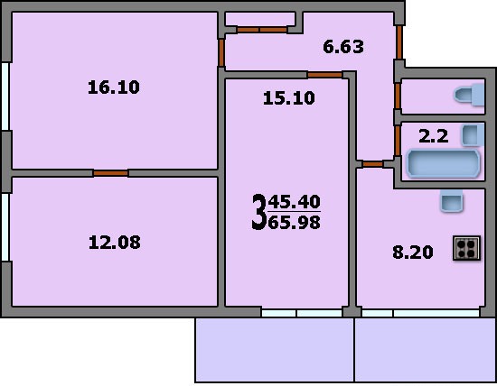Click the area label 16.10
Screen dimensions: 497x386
pos(114,87)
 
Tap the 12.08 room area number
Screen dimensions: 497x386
pos(115,243)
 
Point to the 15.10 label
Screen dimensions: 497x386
pos(289,98)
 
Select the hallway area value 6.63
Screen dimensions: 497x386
pos(343,47)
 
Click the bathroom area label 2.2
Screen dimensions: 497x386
pos(433,136)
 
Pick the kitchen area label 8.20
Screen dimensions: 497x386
pos(413,253)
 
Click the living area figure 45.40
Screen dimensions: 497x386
pos(295,202)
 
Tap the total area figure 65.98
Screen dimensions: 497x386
pos(295,223)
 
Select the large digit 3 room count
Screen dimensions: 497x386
pos(259,212)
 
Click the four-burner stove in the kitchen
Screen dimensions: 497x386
pos(466,248)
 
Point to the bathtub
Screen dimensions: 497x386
pos(444,163)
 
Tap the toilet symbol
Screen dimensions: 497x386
pos(469,95)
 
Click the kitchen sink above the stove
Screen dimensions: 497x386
pos(452,200)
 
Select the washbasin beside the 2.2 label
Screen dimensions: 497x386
pos(473,135)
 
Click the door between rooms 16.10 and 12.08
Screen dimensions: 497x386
pos(110,173)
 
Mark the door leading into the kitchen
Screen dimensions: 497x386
pos(372,164)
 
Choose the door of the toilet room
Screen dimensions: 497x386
pos(398,96)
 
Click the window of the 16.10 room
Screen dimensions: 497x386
pos(5,96)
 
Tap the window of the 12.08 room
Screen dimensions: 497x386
pos(5,227)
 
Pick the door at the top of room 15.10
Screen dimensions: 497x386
pos(325,75)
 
